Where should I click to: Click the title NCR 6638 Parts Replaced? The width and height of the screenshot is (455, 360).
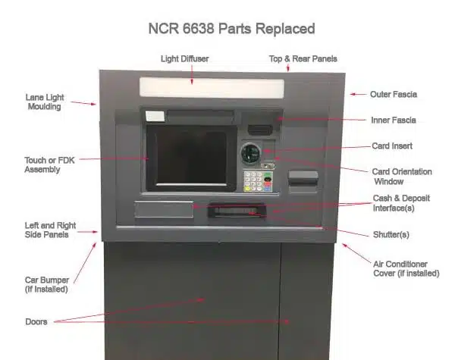(231, 29)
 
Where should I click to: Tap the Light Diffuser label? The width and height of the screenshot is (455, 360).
(185, 59)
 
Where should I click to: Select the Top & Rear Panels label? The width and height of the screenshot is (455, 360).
(303, 59)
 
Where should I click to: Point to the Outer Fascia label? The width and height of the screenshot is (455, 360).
(394, 94)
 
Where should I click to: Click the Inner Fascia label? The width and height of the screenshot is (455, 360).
(394, 120)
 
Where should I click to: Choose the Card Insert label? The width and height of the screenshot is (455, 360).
(392, 146)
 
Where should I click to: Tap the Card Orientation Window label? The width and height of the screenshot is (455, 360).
(402, 177)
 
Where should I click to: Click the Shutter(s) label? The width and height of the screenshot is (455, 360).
(391, 234)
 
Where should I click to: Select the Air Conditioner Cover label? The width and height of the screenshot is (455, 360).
(406, 268)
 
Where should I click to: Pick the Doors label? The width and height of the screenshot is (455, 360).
(36, 321)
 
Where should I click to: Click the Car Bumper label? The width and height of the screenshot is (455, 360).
(47, 284)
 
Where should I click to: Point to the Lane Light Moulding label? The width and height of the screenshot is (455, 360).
(45, 102)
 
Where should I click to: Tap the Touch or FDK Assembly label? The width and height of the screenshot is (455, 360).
(49, 164)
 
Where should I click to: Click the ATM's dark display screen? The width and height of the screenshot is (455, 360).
(192, 158)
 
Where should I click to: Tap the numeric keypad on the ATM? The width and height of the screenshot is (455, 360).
(258, 181)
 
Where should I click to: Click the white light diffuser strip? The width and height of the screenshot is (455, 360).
(212, 87)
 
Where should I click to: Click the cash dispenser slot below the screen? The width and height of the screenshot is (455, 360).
(237, 211)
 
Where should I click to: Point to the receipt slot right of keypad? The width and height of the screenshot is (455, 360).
(303, 177)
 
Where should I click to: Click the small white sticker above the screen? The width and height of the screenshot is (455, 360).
(155, 116)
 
